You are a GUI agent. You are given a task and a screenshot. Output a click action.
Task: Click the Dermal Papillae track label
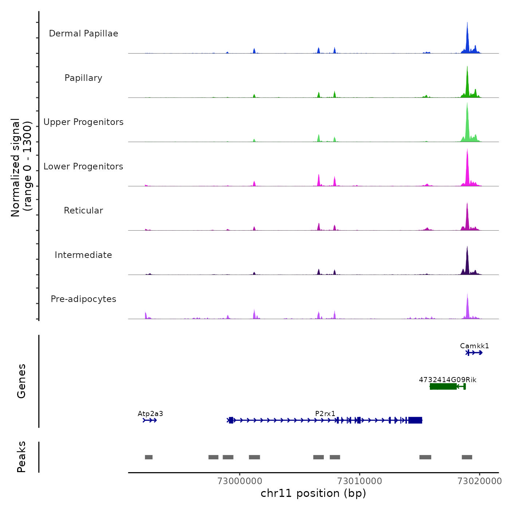coord(83,34)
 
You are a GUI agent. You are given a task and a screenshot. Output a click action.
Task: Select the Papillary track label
coord(83,78)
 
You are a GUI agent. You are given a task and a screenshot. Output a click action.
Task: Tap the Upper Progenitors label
coord(83,122)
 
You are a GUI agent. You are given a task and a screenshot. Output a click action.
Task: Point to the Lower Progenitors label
coord(83,166)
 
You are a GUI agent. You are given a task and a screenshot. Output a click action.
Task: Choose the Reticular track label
coord(83,211)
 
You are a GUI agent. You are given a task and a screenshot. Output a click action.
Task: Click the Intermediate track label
coord(83,255)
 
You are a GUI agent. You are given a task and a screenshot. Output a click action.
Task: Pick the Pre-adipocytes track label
coord(83,299)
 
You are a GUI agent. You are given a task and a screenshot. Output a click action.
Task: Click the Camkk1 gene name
coord(474,346)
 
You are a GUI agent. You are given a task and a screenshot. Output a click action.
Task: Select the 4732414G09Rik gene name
coord(447,380)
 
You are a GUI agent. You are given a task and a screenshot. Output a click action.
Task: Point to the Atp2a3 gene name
coord(150,414)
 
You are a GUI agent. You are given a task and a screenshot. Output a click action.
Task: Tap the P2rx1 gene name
coord(325,414)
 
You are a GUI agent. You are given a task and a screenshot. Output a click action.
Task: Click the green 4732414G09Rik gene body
coord(443,387)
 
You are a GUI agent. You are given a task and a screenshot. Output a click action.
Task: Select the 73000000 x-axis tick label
coord(240,481)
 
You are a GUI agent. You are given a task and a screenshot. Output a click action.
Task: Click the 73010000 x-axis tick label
coord(360,481)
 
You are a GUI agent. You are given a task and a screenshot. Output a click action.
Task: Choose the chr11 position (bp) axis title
coord(313,493)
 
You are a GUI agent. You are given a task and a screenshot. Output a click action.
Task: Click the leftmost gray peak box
coord(149,457)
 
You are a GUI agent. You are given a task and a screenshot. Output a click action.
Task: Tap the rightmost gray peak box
coord(467,457)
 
